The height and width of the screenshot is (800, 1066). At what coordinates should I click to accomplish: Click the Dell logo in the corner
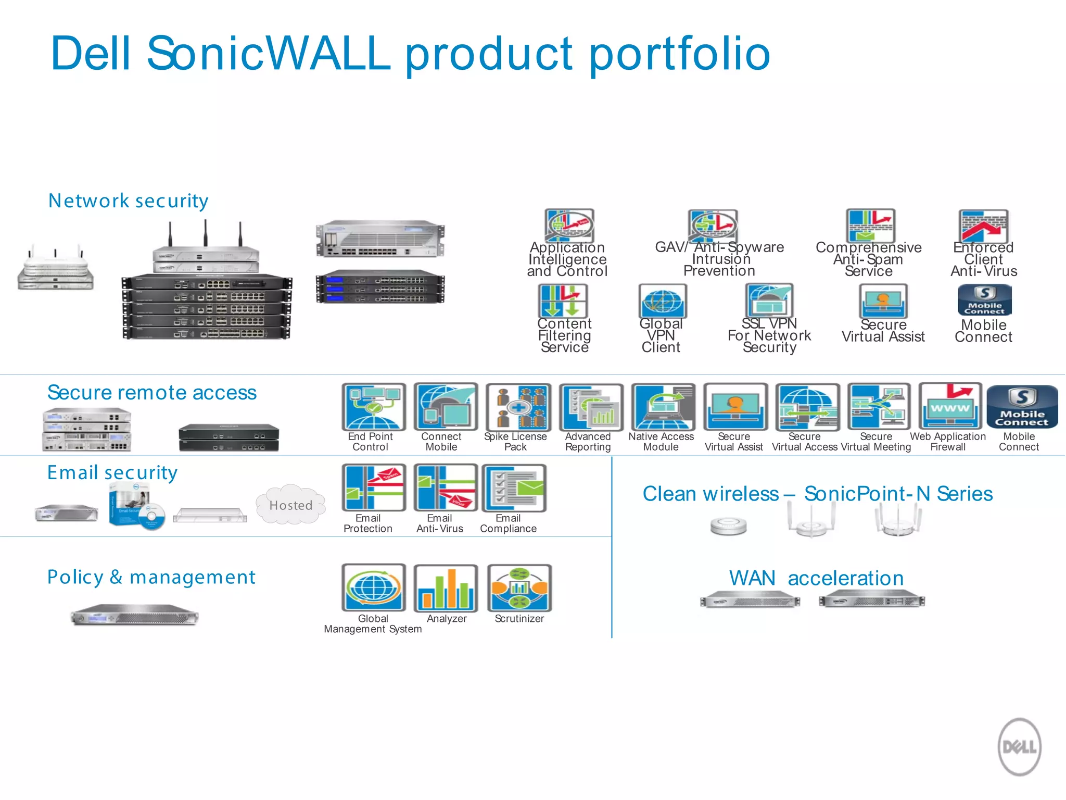pyautogui.click(x=1019, y=747)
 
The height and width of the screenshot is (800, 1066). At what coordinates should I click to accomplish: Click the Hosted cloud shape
pyautogui.click(x=290, y=505)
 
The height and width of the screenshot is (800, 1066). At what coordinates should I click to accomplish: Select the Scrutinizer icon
pyautogui.click(x=519, y=588)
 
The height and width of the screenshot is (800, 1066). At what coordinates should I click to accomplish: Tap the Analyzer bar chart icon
pyautogui.click(x=446, y=588)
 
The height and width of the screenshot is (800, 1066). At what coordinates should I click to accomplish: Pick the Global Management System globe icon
pyautogui.click(x=373, y=588)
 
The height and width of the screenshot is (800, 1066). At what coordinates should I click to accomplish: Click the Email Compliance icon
pyautogui.click(x=514, y=488)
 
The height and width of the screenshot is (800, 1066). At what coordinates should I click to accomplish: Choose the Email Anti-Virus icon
pyautogui.click(x=446, y=488)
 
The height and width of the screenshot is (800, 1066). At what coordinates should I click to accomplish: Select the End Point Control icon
pyautogui.click(x=373, y=407)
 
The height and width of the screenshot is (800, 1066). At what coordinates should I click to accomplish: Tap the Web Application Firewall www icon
pyautogui.click(x=950, y=406)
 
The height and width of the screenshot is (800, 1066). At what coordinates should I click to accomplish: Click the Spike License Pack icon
pyautogui.click(x=518, y=407)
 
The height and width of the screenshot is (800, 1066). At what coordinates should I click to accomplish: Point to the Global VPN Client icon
pyautogui.click(x=662, y=301)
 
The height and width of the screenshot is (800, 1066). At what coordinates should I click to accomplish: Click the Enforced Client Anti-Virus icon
pyautogui.click(x=983, y=226)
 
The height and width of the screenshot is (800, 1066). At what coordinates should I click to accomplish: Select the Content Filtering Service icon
pyautogui.click(x=563, y=301)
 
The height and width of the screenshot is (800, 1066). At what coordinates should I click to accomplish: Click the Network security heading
pyautogui.click(x=128, y=201)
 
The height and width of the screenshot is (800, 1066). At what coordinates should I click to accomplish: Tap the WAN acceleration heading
pyautogui.click(x=816, y=578)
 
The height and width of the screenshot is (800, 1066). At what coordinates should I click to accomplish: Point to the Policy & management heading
pyautogui.click(x=151, y=577)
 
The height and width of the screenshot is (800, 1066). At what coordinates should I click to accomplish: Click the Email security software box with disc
pyautogui.click(x=136, y=506)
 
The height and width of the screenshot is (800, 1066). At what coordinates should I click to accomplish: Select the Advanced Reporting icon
pyautogui.click(x=591, y=407)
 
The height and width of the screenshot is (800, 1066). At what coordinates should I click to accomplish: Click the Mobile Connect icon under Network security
pyautogui.click(x=984, y=300)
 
